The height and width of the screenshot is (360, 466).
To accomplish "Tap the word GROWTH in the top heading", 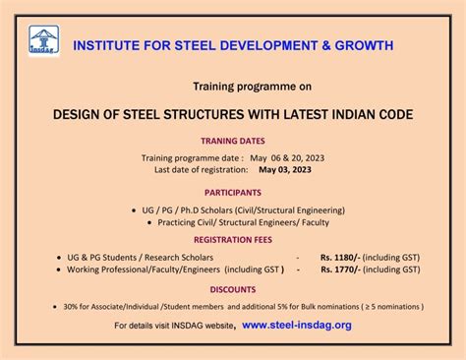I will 362,45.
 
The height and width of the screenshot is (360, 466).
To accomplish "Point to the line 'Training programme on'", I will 232,87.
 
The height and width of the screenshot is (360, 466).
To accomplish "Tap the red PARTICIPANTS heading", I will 233,193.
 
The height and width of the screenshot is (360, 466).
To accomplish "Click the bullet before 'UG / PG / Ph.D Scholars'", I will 134,210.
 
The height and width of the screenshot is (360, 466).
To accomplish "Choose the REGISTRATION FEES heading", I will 233,239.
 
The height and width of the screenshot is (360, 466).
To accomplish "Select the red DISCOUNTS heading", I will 233,289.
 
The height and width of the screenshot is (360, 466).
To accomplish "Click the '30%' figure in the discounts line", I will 75,306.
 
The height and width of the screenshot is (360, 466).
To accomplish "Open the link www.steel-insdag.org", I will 295,325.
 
